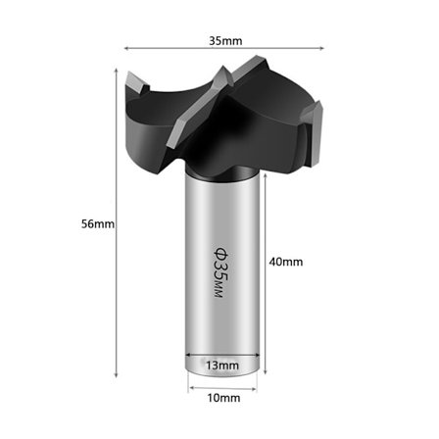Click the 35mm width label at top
coord(225,41)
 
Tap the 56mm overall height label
coord(98,224)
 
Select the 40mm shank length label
coord(286,262)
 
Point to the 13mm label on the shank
coord(222,366)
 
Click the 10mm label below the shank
coord(223,398)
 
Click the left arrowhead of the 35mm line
coord(126,48)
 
